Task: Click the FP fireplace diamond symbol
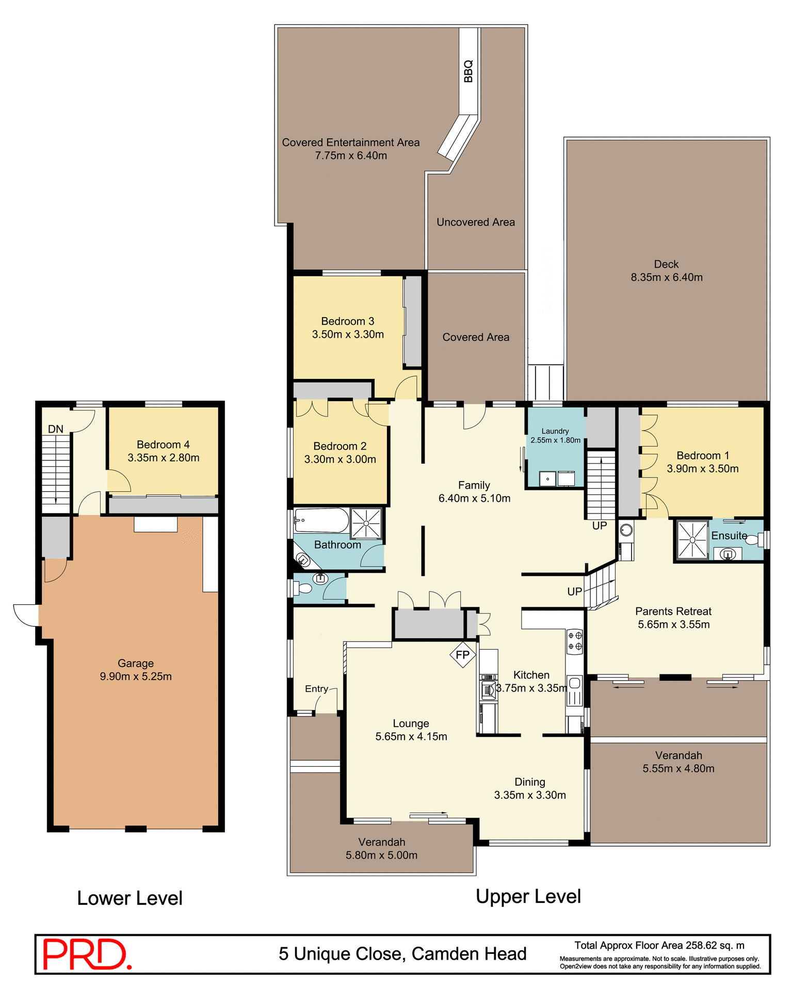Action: (x=462, y=655)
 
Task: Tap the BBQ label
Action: (x=468, y=71)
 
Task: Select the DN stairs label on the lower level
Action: (x=56, y=429)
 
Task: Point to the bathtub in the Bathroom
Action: (x=321, y=521)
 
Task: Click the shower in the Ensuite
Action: (x=692, y=539)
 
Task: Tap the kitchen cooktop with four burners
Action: (x=575, y=641)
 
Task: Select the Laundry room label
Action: (x=555, y=431)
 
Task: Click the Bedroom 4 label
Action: (x=163, y=444)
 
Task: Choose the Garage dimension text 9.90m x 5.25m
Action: (x=136, y=676)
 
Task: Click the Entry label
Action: (x=316, y=689)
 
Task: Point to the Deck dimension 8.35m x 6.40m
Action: (x=667, y=277)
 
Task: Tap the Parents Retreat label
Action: (x=673, y=612)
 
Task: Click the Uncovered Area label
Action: (x=476, y=222)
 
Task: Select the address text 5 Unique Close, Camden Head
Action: (x=402, y=954)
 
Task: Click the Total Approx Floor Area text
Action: (x=659, y=945)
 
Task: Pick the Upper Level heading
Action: (x=528, y=897)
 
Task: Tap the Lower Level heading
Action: (x=130, y=898)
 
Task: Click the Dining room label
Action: (x=530, y=782)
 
